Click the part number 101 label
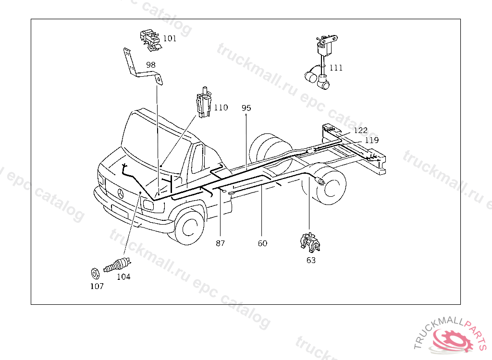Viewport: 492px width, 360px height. [170, 38]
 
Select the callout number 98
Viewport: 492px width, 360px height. [151, 65]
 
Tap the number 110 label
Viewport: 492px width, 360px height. [221, 108]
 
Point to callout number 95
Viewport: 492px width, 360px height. [246, 108]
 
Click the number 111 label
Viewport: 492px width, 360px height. [336, 68]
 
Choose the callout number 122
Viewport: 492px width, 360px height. [360, 130]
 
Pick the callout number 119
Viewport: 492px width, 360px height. [371, 140]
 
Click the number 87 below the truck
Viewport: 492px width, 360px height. [220, 243]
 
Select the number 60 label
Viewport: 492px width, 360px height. [262, 243]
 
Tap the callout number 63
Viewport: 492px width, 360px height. [311, 260]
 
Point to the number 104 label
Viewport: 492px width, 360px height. [123, 276]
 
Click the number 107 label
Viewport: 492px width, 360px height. [97, 286]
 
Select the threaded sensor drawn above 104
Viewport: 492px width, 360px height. [117, 265]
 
